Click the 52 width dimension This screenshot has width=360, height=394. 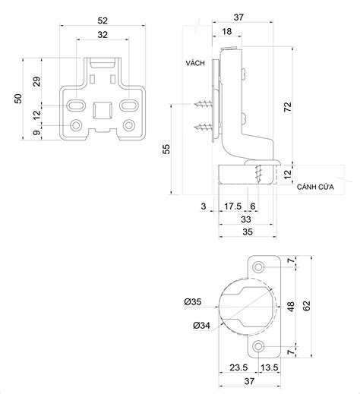coord(103,20)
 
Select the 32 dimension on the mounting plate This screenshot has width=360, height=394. coord(103,35)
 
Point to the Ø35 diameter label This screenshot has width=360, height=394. coord(193,302)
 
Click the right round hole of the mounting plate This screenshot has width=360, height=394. coord(128,124)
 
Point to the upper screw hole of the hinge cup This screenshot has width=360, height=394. coord(260,268)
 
